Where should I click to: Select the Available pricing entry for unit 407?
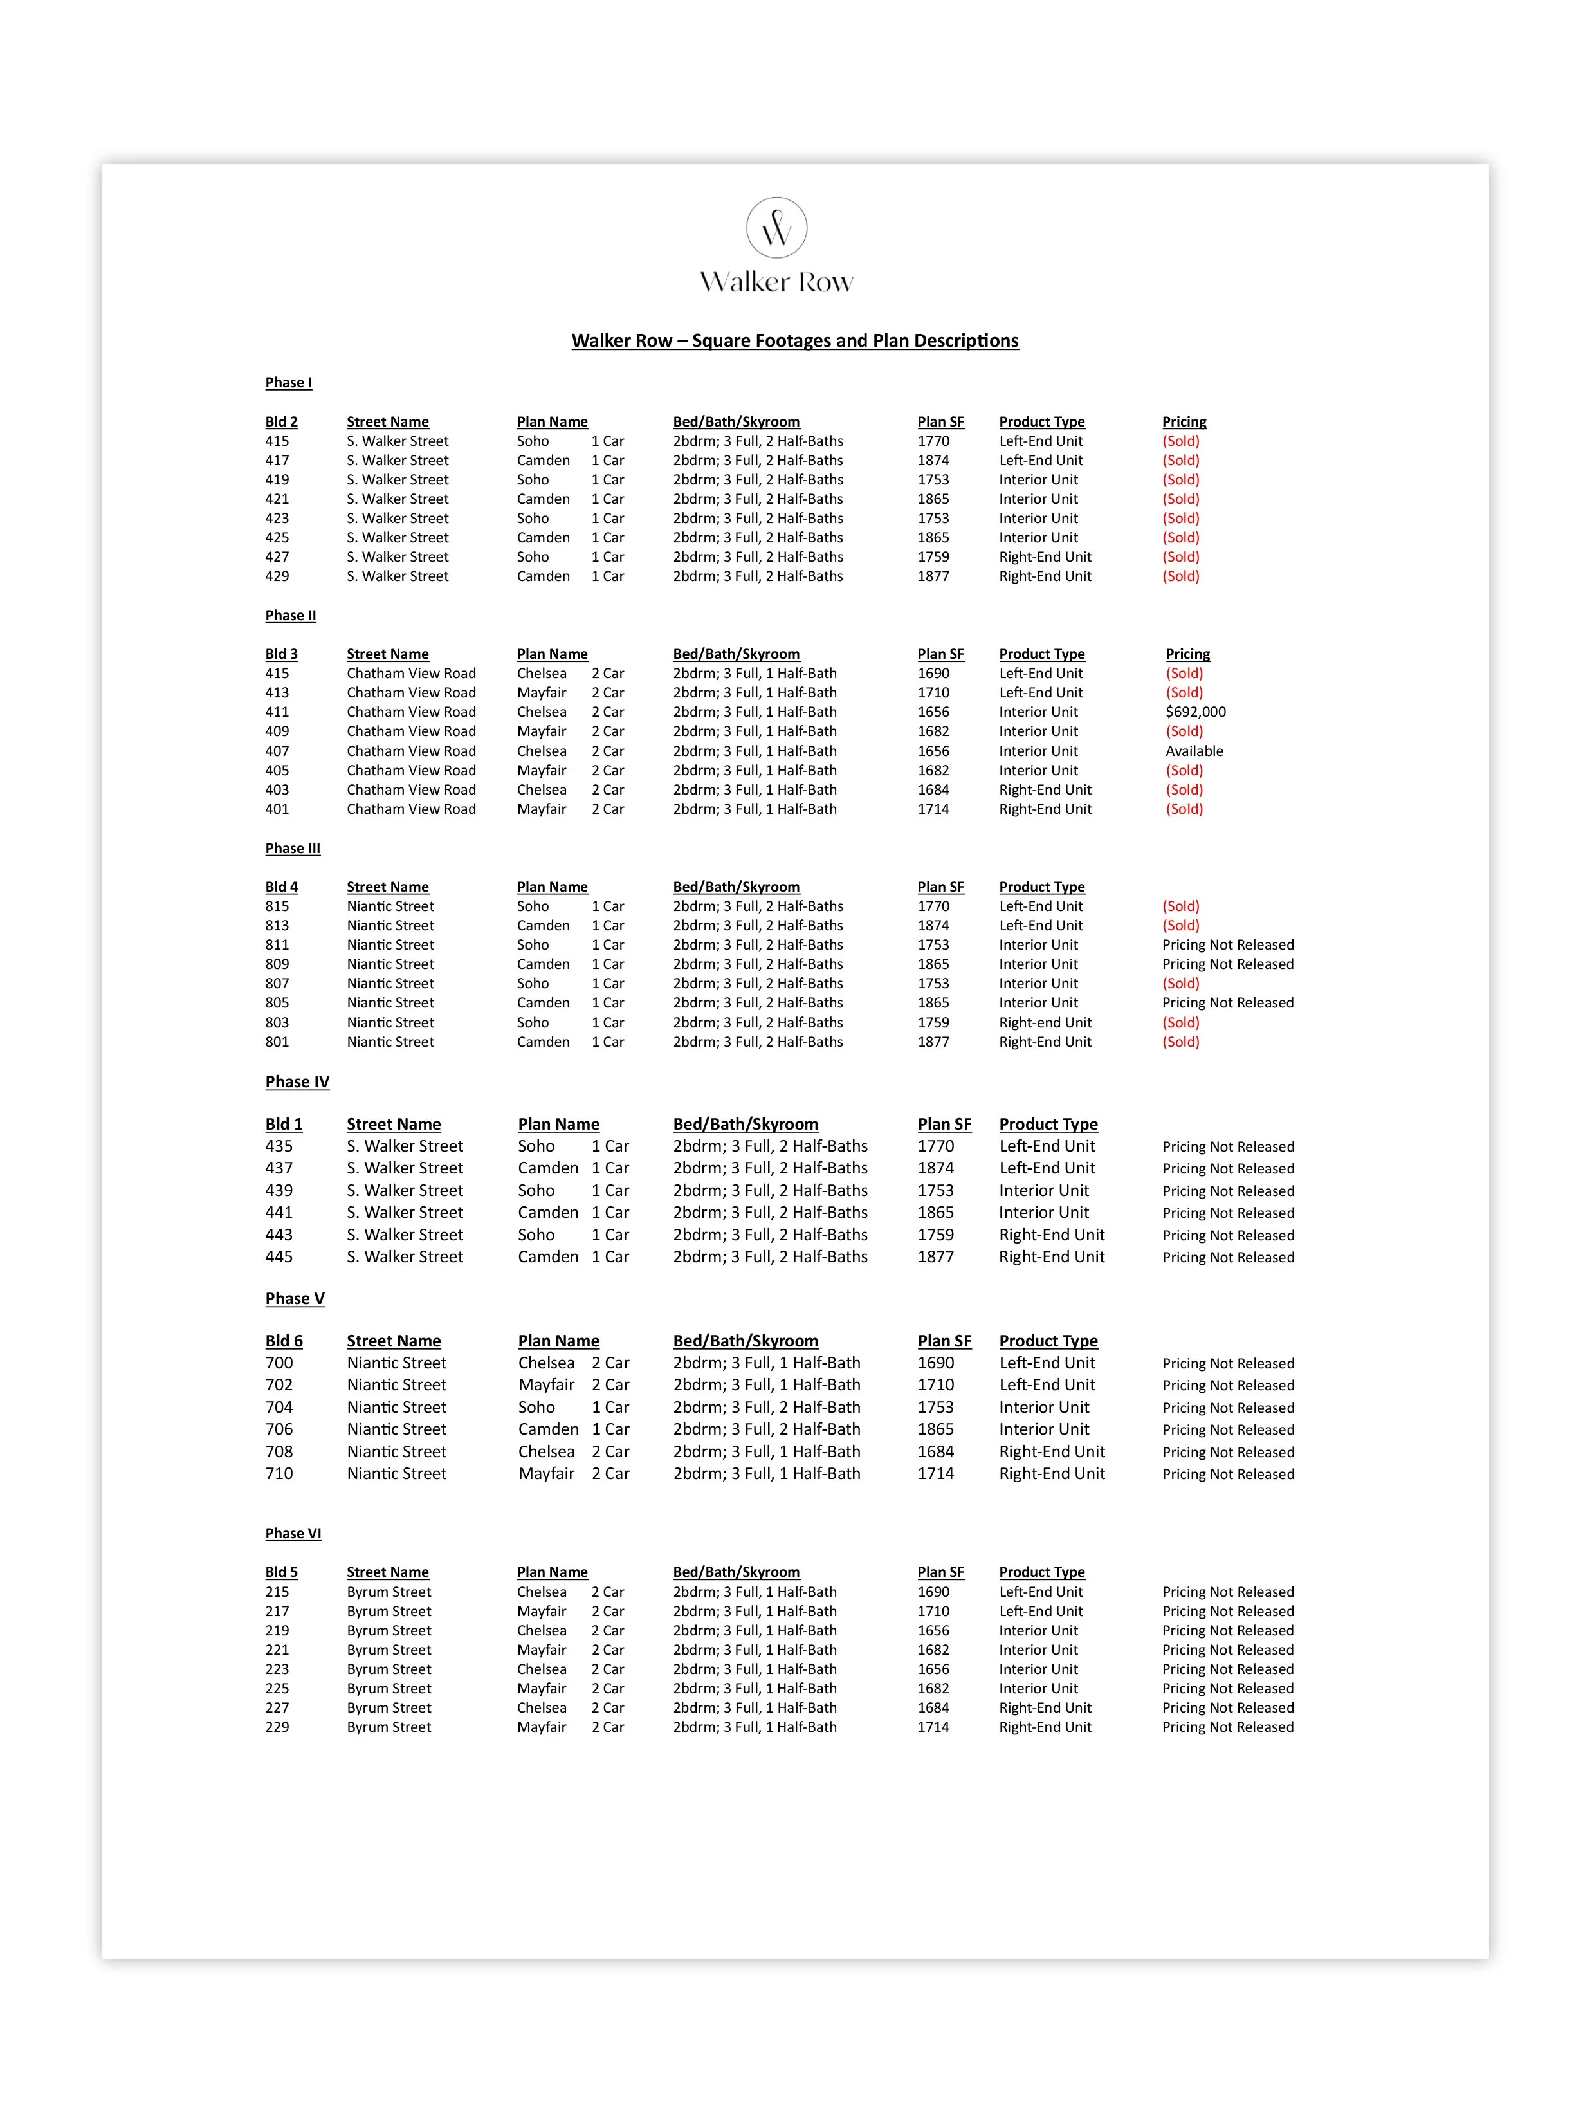(1194, 751)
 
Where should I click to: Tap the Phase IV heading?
(297, 1081)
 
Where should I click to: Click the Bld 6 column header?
(284, 1341)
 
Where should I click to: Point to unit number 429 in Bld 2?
(277, 576)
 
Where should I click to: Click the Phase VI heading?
(293, 1534)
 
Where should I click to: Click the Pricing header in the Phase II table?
(1187, 654)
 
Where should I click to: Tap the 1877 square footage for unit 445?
(936, 1257)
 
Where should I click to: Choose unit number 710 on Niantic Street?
(279, 1475)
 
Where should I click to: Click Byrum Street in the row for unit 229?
(389, 1727)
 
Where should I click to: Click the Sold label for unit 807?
(1180, 984)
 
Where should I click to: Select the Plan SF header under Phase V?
(944, 1341)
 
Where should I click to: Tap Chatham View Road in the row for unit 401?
(411, 809)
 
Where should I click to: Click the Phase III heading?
(293, 849)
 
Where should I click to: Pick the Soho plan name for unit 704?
(536, 1407)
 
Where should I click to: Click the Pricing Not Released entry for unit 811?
(1227, 945)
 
